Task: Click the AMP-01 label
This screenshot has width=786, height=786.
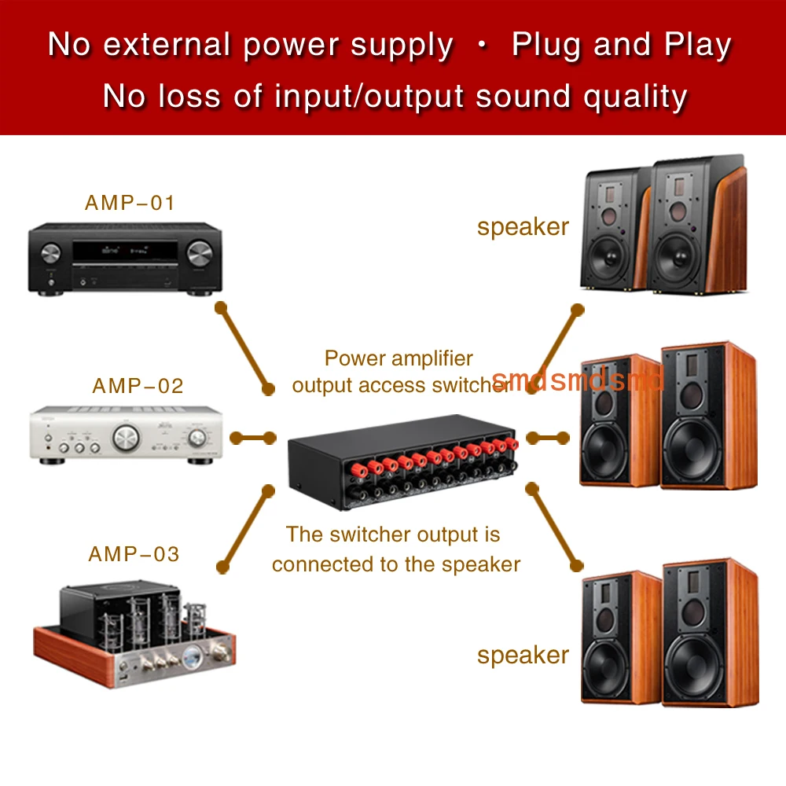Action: tap(130, 203)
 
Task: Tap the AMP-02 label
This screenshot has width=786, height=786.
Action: tap(138, 386)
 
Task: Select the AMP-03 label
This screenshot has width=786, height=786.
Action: tap(134, 554)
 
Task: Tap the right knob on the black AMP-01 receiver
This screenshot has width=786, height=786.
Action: tap(200, 253)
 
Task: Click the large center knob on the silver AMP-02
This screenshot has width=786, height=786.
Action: tap(126, 438)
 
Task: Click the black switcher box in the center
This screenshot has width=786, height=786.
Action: tap(402, 462)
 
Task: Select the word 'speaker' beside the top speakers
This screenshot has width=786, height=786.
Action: tap(523, 227)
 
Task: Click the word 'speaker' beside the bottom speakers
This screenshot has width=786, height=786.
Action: tap(523, 656)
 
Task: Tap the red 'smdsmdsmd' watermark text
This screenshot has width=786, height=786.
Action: tap(578, 380)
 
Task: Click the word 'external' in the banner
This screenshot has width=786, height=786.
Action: tap(167, 45)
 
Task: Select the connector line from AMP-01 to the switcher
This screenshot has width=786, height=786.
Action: tap(245, 348)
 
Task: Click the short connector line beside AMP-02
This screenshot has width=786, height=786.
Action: tap(253, 438)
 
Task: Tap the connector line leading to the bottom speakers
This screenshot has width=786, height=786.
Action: tap(554, 527)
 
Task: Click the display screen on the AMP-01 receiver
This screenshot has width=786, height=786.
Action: tap(125, 250)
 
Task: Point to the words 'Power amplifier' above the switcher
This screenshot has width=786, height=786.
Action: tap(399, 358)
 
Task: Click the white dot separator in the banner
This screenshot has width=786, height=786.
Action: tap(483, 45)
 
